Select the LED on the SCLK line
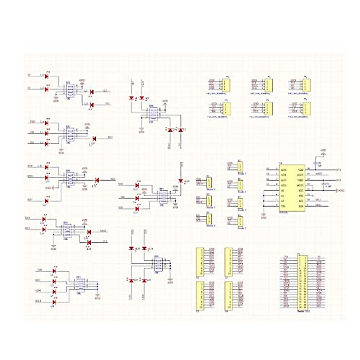pyautogui.click(x=54, y=302)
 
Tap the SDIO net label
pyautogui.click(x=38, y=290)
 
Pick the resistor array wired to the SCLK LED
pyautogui.click(x=81, y=283)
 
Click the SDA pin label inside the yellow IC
pyautogui.click(x=301, y=206)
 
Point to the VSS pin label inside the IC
pyautogui.click(x=283, y=206)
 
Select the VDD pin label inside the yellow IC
pyautogui.click(x=301, y=169)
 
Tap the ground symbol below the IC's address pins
pyautogui.click(x=264, y=215)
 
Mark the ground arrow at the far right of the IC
pyautogui.click(x=338, y=190)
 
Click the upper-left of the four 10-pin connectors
pyautogui.click(x=199, y=262)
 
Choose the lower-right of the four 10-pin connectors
pyautogui.click(x=229, y=295)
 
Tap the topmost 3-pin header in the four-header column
pyautogui.click(x=240, y=166)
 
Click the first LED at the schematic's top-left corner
pyautogui.click(x=46, y=76)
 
